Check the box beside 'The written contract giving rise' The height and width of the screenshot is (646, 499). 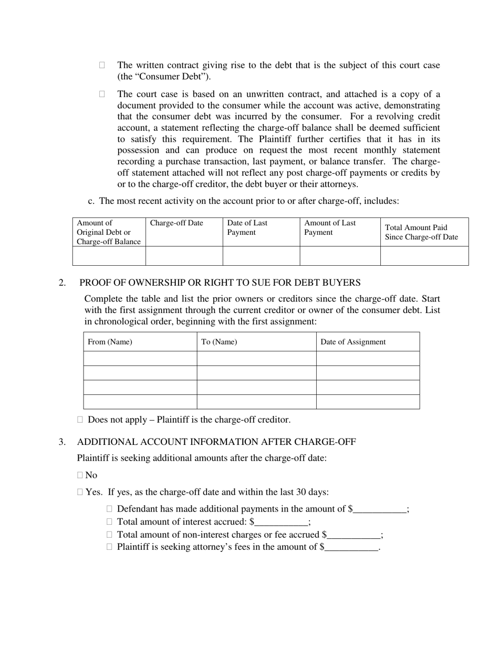point(102,65)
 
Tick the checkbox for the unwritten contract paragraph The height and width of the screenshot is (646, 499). point(102,94)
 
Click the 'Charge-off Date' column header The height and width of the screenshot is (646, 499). point(176,223)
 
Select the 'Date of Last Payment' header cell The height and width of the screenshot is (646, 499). point(247,227)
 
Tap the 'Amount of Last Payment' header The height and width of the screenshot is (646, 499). point(330,227)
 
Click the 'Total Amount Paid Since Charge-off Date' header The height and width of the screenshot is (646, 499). point(421,232)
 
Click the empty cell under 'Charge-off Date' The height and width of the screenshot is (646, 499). point(184,256)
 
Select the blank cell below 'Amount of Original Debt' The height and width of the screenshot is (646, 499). point(109,256)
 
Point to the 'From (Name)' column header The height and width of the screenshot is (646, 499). point(110,342)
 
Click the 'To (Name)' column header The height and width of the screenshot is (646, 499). point(219,342)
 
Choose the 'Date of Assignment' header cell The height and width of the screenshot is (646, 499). point(353,342)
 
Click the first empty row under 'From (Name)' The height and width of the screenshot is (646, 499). point(140,359)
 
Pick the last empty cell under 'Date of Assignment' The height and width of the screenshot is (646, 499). point(368,402)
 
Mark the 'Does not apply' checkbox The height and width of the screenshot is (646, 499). point(80,420)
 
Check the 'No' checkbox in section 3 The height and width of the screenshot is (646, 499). point(80,475)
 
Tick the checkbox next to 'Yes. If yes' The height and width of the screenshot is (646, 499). point(80,492)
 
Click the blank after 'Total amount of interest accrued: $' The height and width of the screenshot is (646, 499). point(282,523)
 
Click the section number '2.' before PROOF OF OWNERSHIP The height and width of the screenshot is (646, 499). point(63,283)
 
